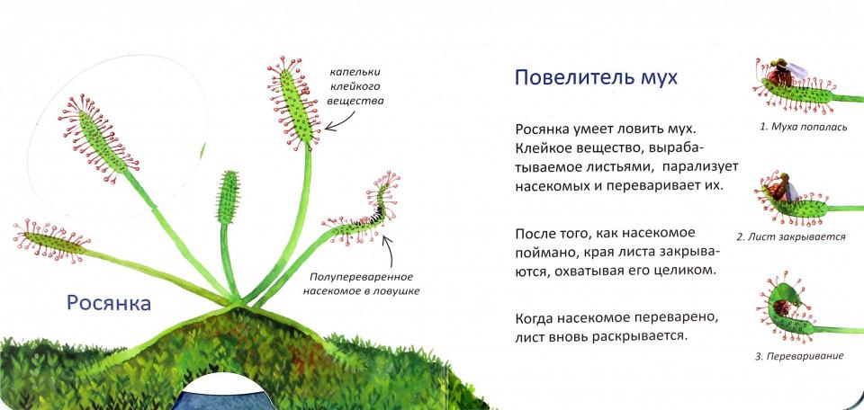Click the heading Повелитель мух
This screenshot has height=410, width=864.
(596, 78)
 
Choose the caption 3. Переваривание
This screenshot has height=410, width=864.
(799, 357)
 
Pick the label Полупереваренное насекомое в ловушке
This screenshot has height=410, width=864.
(364, 283)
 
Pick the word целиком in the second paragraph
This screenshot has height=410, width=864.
(683, 270)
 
